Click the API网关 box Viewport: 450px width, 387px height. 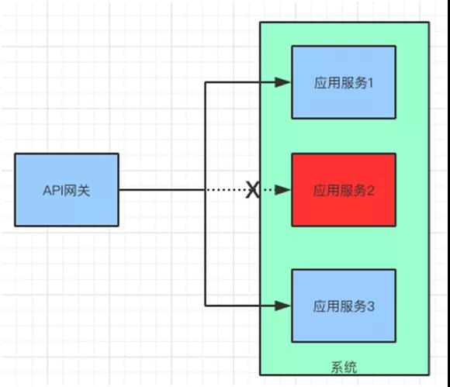tap(67, 190)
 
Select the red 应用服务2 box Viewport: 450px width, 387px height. tap(344, 190)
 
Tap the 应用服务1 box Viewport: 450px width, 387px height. tap(344, 82)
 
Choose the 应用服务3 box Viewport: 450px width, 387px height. tap(344, 306)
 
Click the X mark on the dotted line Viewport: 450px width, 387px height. tap(253, 190)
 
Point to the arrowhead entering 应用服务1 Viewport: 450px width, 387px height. tap(283, 82)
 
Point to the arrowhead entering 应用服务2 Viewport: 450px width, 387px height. tap(283, 190)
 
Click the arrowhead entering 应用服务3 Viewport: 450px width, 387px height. tap(283, 306)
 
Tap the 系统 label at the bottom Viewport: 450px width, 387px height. tap(344, 368)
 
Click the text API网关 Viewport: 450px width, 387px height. tap(67, 191)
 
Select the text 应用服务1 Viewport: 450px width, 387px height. tap(344, 83)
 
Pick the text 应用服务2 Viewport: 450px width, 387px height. tap(344, 191)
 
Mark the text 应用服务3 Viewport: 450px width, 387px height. tap(344, 306)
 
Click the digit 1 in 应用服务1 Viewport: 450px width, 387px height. tap(370, 83)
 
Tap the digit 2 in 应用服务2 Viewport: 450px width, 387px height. tap(371, 191)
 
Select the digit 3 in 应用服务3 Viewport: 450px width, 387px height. tap(371, 306)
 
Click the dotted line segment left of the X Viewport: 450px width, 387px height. tap(226, 190)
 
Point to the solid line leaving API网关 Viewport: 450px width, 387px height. tap(162, 190)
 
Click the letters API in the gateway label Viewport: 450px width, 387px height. tap(53, 191)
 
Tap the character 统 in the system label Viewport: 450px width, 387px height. tap(351, 368)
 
